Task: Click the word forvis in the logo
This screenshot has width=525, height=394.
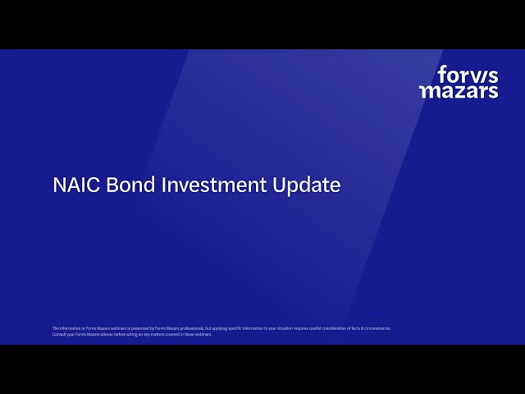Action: pyautogui.click(x=468, y=76)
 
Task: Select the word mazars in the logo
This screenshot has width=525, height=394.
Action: pyautogui.click(x=459, y=91)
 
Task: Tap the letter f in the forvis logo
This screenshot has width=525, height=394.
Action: pyautogui.click(x=441, y=75)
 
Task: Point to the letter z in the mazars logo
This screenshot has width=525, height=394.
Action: pyautogui.click(x=459, y=92)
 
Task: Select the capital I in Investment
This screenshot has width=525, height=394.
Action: pyautogui.click(x=163, y=186)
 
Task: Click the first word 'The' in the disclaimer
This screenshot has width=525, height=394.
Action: pyautogui.click(x=55, y=328)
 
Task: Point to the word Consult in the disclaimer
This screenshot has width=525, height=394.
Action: pyautogui.click(x=57, y=334)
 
